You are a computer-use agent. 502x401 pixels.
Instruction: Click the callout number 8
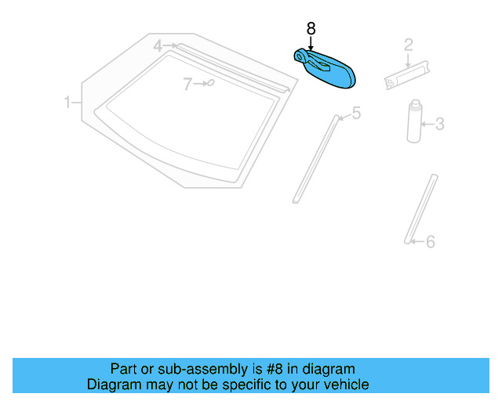coord(311,29)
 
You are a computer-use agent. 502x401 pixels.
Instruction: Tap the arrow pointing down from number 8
coord(311,43)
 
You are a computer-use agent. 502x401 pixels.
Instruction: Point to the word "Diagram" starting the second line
coord(113,385)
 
